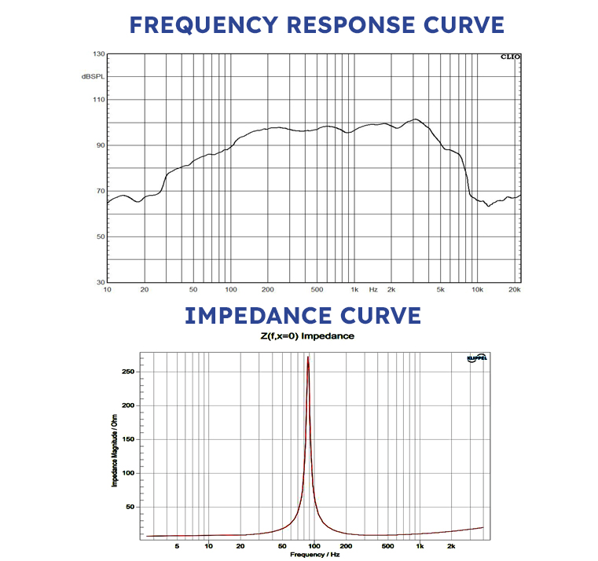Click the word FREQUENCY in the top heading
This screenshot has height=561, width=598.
(x=203, y=24)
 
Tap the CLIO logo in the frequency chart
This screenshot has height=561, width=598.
(x=509, y=57)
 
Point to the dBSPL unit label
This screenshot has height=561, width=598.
(x=92, y=76)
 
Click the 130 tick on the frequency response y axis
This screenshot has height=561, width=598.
(x=98, y=54)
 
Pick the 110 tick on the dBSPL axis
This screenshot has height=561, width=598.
(x=98, y=100)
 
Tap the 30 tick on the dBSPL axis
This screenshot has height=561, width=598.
(x=100, y=282)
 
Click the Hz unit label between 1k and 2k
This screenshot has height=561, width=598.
(x=373, y=289)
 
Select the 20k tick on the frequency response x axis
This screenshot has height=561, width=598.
(x=515, y=289)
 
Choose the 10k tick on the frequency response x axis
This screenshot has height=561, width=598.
(x=477, y=289)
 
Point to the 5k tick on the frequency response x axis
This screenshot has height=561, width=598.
(x=441, y=289)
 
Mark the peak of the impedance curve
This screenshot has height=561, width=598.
(x=308, y=357)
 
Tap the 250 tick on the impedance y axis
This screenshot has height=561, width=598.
(x=136, y=372)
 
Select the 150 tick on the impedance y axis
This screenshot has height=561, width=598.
(x=136, y=439)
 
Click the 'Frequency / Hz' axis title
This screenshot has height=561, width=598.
(x=314, y=555)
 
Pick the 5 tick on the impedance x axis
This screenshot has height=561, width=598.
(x=177, y=545)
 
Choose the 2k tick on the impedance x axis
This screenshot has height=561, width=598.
(x=451, y=545)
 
